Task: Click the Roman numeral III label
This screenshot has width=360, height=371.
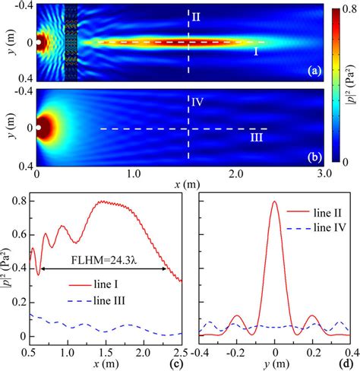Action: (x=260, y=138)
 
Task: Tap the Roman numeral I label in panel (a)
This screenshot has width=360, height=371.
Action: (x=256, y=52)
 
